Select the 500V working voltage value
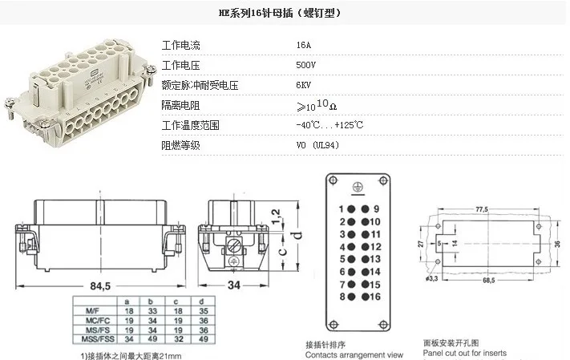(x=306, y=65)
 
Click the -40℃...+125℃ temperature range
(x=329, y=125)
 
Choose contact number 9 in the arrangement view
(x=376, y=208)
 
